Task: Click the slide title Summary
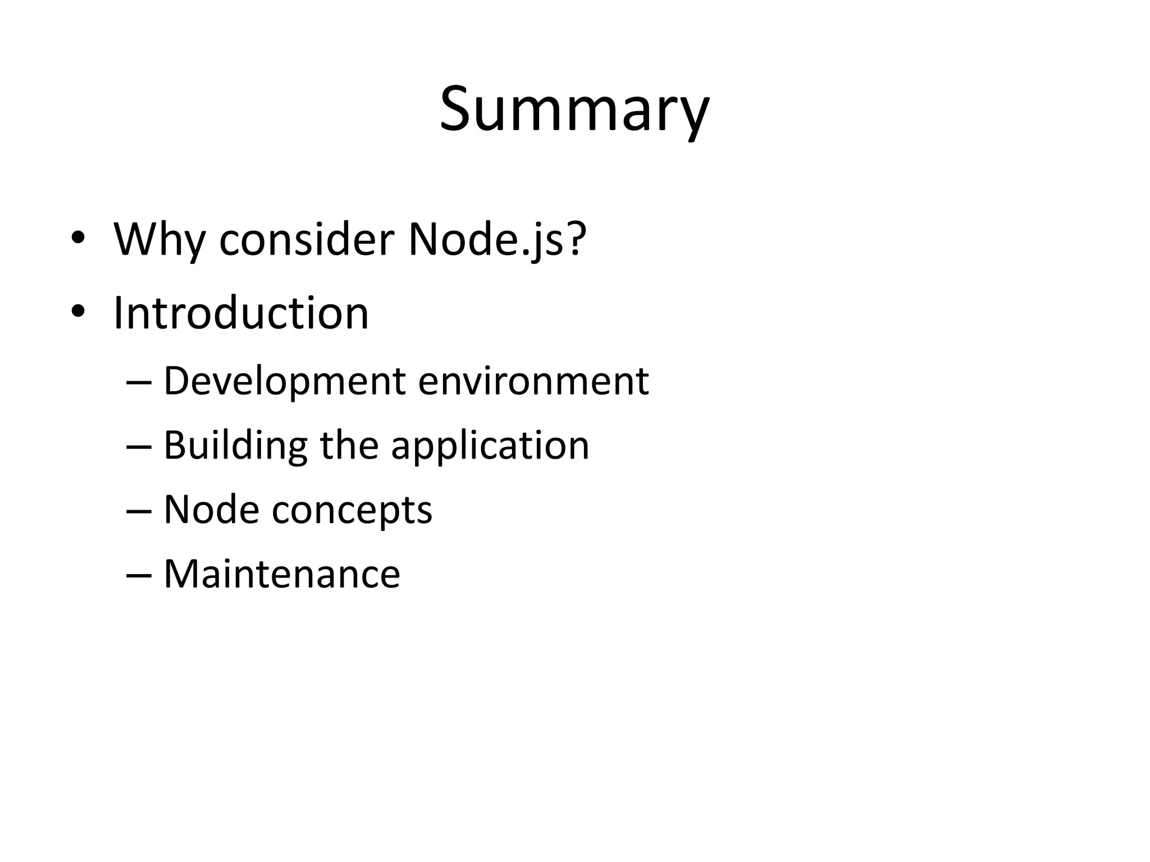(574, 109)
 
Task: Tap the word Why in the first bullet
(159, 240)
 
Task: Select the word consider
(307, 240)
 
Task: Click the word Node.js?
(496, 240)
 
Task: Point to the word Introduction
(241, 313)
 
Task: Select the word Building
(235, 446)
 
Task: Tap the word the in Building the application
(349, 445)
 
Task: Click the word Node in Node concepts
(211, 510)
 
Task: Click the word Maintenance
(282, 574)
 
